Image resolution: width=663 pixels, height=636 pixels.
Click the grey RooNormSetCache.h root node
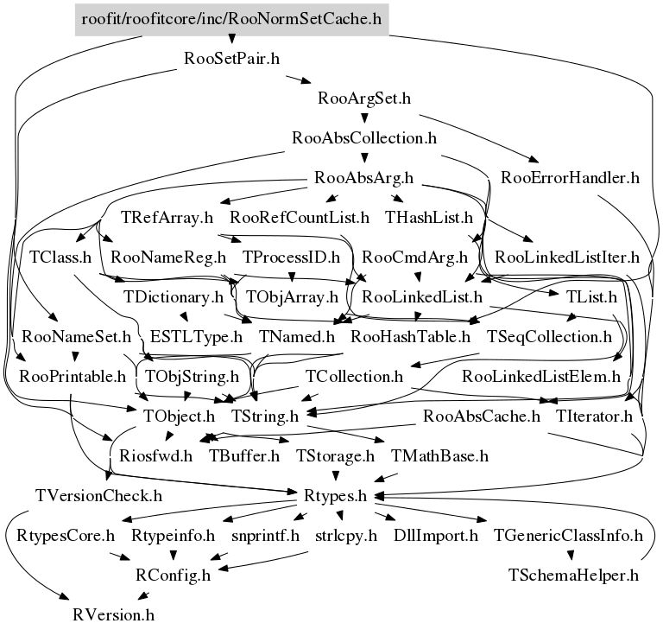coord(230,18)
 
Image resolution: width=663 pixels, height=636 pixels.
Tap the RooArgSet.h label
coord(363,98)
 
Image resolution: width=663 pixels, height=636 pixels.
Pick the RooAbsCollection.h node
coord(364,137)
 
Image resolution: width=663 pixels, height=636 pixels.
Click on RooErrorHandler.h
coord(570,179)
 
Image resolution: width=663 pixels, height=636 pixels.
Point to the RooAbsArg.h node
coord(364,179)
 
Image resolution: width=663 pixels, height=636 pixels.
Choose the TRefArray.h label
coord(167,217)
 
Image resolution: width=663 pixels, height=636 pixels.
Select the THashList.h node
coord(429,217)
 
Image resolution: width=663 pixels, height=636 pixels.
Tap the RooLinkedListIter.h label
coord(567,257)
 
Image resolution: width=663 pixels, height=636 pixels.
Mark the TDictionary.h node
coord(173,297)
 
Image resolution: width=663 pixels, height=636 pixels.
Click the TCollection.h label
coord(355,377)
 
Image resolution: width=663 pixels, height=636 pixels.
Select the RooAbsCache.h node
coord(482,417)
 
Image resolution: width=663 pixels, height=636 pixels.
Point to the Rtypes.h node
coord(337,496)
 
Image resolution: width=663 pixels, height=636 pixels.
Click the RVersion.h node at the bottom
coord(113,615)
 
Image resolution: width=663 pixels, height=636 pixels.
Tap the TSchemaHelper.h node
coord(573,575)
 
